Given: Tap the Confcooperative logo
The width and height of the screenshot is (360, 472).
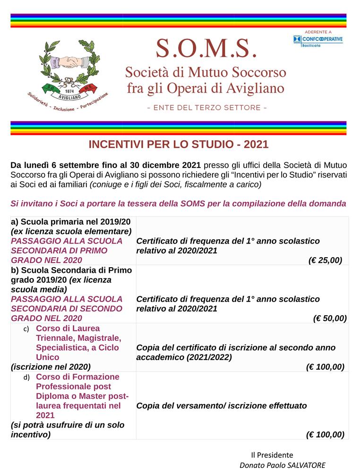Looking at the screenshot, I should [x=318, y=39].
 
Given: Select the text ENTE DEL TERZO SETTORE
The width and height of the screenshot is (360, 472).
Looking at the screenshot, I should [x=207, y=108].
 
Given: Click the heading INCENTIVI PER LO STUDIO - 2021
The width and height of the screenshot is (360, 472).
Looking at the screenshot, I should [x=179, y=144].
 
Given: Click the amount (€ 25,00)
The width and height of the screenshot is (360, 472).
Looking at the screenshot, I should [x=325, y=261].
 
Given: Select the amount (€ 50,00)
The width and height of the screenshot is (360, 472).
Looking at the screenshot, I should [x=330, y=319].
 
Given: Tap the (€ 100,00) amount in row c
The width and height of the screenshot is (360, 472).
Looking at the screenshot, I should [x=325, y=367].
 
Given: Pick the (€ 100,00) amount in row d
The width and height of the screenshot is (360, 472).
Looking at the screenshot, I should [x=325, y=435].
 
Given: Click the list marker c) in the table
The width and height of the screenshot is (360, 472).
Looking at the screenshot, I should [x=26, y=329].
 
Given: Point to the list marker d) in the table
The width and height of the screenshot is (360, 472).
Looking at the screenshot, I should [x=26, y=378].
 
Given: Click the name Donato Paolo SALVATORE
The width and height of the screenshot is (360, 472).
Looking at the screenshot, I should [x=283, y=465].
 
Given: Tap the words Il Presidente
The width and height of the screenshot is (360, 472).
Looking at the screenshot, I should [x=272, y=455].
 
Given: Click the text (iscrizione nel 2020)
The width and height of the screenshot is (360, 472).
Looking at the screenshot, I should [x=51, y=367].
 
